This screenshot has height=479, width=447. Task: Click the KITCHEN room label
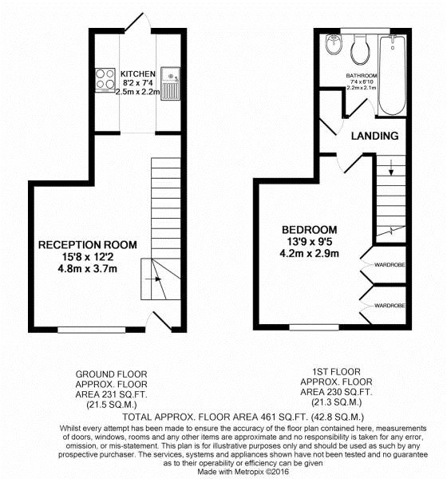(x=138, y=74)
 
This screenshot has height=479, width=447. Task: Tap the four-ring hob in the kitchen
(x=105, y=80)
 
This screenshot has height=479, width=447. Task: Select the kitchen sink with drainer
(x=170, y=84)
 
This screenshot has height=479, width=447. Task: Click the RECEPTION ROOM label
(x=87, y=245)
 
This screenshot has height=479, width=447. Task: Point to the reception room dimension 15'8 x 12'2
(x=87, y=257)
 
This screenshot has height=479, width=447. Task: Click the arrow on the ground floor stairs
(x=153, y=279)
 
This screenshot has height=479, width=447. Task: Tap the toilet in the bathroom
(x=360, y=49)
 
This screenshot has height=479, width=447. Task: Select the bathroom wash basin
(x=333, y=45)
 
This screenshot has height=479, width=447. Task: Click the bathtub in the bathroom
(x=393, y=75)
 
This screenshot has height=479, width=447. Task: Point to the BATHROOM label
(x=362, y=76)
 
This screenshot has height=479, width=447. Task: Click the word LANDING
(x=374, y=136)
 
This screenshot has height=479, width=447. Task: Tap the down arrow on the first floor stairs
(x=391, y=168)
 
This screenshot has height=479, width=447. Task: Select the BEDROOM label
(x=309, y=230)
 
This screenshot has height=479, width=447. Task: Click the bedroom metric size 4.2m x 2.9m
(x=309, y=254)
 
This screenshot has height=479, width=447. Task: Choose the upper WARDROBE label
(x=390, y=265)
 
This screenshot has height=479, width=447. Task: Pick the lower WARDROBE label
(x=390, y=306)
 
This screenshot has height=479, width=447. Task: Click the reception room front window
(x=92, y=330)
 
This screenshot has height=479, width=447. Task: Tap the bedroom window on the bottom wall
(x=314, y=327)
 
